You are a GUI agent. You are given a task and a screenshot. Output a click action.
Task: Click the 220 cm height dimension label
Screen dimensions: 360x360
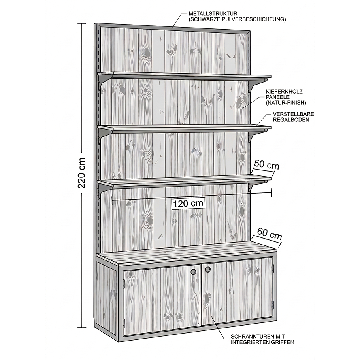[x=82, y=173]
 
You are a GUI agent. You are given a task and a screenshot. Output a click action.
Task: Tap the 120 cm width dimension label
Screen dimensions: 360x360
[x=188, y=204]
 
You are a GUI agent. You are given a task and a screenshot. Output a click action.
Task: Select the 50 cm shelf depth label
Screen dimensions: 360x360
[x=267, y=165]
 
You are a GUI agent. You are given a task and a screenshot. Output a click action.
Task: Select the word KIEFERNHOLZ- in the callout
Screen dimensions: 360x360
[x=285, y=92]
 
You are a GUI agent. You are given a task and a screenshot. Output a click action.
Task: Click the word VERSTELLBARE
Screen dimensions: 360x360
[x=294, y=114]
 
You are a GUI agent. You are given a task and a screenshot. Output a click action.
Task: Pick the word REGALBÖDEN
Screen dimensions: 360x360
[x=291, y=120]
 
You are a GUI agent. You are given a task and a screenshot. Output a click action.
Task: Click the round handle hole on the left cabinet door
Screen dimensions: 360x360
[x=194, y=271]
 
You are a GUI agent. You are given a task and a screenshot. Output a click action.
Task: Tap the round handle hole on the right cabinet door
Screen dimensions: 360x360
[x=208, y=270]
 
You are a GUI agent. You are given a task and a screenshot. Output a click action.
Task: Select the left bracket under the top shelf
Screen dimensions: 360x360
[x=103, y=82]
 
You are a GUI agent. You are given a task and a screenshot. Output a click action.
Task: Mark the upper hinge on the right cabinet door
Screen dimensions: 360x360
[x=273, y=268]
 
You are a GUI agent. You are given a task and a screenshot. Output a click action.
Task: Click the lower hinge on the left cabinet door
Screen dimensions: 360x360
[x=124, y=322]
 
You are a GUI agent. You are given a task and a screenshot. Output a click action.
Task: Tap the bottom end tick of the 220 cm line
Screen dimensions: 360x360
[x=82, y=327]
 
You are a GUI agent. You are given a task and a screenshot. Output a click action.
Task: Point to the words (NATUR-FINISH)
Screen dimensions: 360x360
[x=286, y=103]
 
